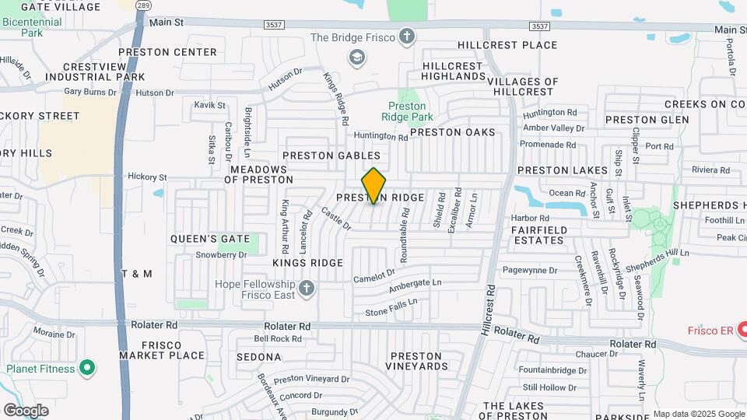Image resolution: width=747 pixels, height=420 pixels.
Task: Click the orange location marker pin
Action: pyautogui.click(x=373, y=185)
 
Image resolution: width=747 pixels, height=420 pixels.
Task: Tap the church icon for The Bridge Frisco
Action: pyautogui.click(x=405, y=37)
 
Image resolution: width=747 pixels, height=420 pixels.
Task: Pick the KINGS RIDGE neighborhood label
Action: pyautogui.click(x=308, y=263)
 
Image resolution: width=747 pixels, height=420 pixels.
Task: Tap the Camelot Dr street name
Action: pyautogui.click(x=374, y=274)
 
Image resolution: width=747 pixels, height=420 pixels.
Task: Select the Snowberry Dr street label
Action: pyautogui.click(x=221, y=254)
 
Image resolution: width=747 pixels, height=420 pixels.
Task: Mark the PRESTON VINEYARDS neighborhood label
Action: pyautogui.click(x=417, y=360)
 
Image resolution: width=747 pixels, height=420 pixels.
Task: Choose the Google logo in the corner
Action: pyautogui.click(x=26, y=410)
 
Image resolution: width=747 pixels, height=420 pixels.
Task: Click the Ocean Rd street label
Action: pyautogui.click(x=566, y=193)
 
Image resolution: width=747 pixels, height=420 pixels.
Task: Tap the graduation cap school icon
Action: pyautogui.click(x=357, y=57)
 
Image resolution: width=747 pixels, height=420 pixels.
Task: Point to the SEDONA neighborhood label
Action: pyautogui.click(x=259, y=357)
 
